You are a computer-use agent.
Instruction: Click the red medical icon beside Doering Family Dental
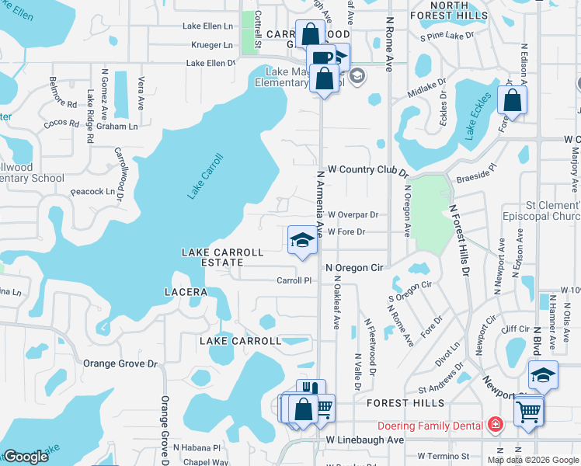[x=495, y=425]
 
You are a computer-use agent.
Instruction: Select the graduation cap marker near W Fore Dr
[x=302, y=240]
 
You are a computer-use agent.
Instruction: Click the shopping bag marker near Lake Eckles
[x=512, y=101]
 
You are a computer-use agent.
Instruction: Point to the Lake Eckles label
[x=479, y=116]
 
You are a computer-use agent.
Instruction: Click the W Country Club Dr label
[x=368, y=169]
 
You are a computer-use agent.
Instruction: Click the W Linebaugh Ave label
[x=365, y=440]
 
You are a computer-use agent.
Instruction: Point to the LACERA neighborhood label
[x=186, y=292]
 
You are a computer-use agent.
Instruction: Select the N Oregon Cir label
[x=355, y=267]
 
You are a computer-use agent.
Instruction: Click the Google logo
[x=26, y=457]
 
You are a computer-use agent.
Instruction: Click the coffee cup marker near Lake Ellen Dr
[x=320, y=59]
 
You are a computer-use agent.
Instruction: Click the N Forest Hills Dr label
[x=458, y=241]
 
